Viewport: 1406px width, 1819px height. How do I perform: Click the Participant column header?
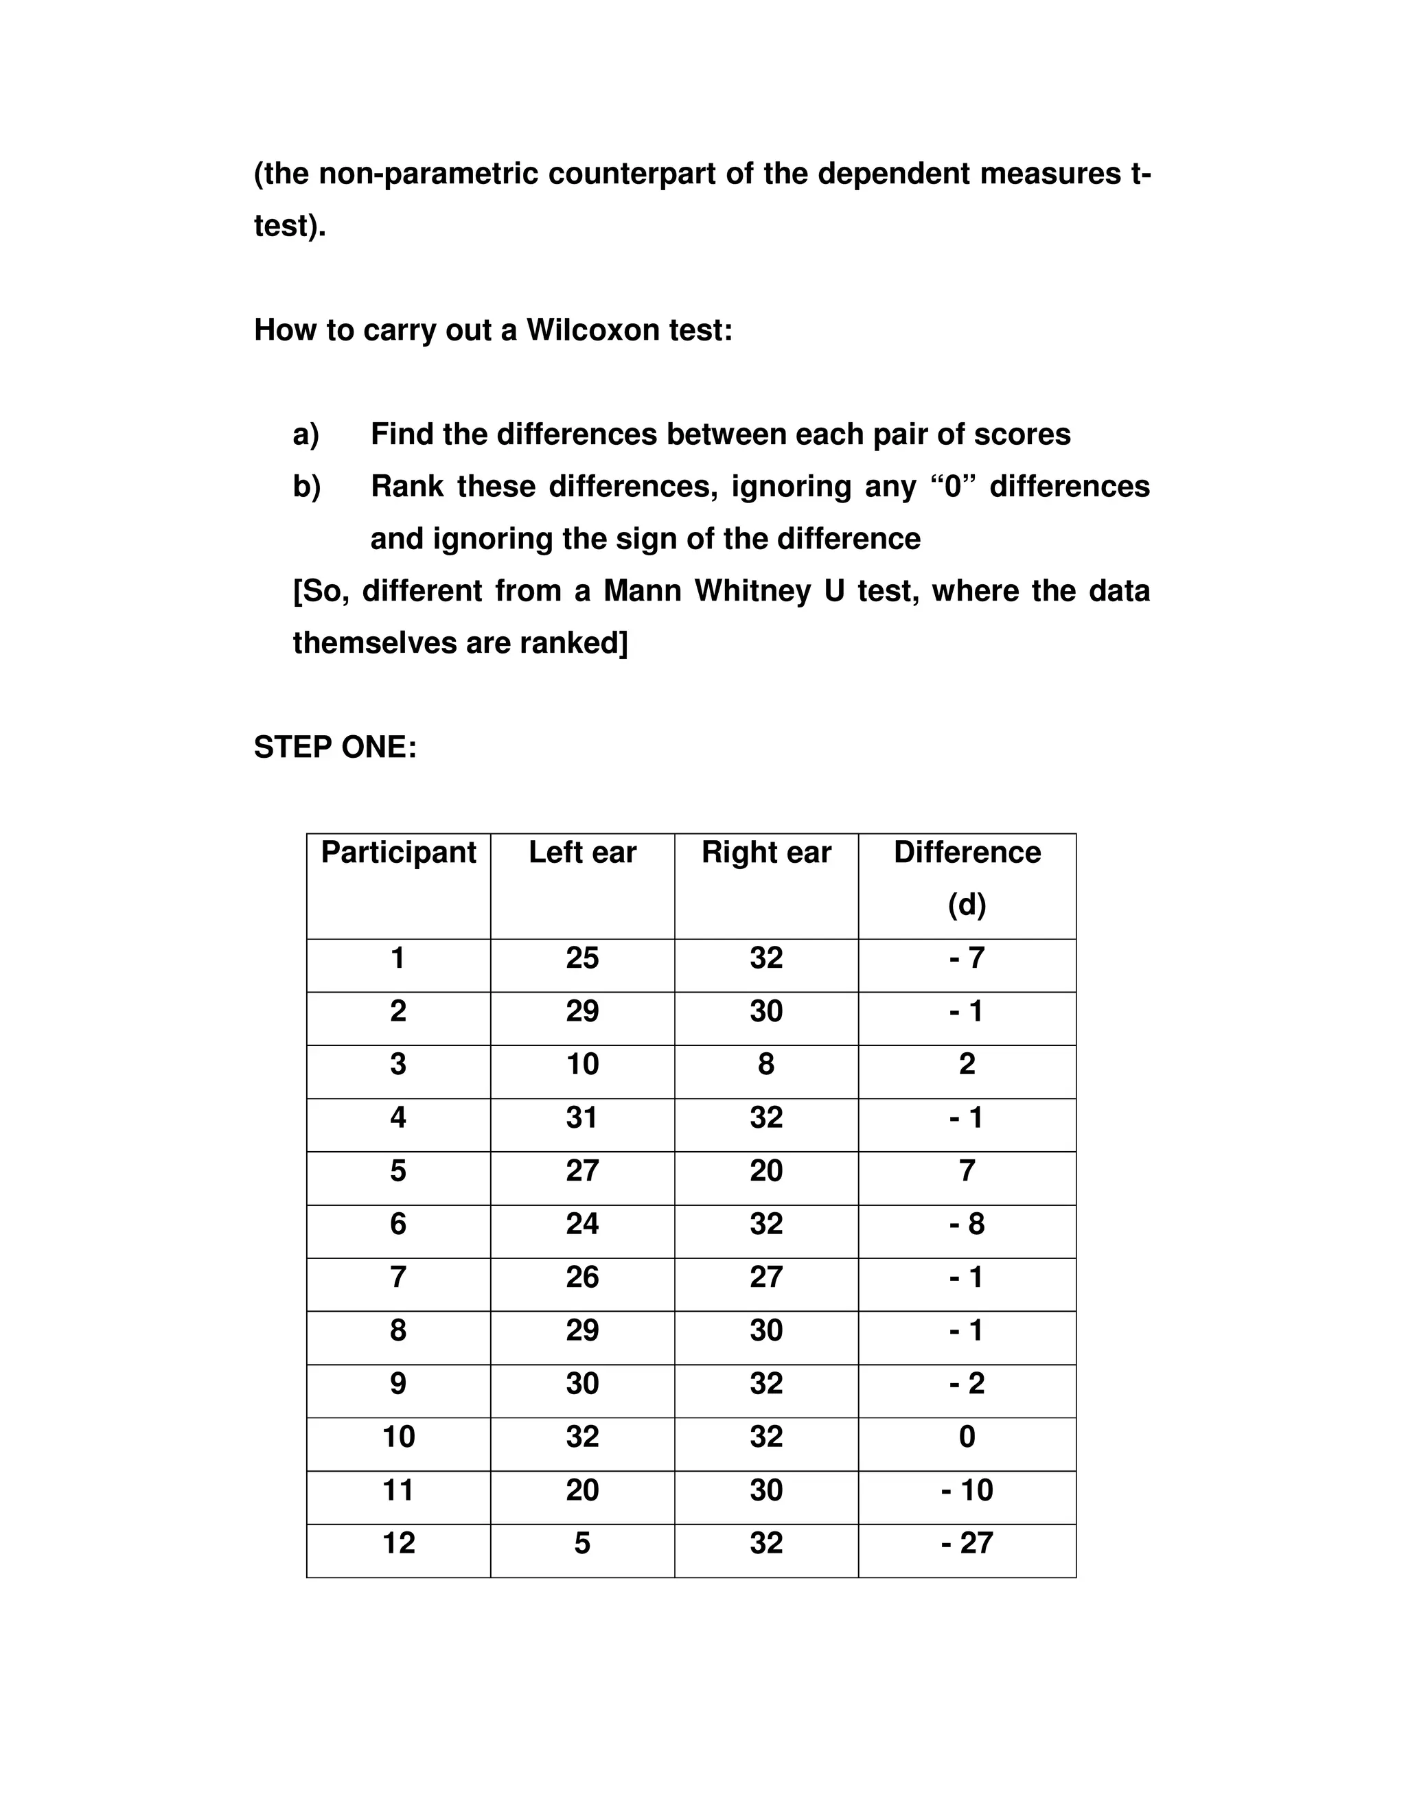click(x=398, y=852)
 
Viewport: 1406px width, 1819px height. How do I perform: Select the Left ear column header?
click(x=582, y=852)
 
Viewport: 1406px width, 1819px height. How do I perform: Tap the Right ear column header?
click(x=766, y=852)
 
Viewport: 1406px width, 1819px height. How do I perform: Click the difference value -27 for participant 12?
click(x=967, y=1542)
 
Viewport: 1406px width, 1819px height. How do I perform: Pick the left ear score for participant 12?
click(x=582, y=1542)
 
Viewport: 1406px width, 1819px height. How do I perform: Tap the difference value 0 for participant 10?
click(x=967, y=1437)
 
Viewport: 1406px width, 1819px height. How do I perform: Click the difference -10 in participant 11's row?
click(x=967, y=1490)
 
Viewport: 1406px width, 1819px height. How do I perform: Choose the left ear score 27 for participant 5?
click(x=582, y=1170)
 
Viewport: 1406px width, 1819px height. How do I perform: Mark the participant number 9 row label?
click(x=398, y=1383)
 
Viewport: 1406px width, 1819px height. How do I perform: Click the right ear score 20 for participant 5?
click(x=766, y=1170)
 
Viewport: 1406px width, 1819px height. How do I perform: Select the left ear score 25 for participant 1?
click(x=582, y=958)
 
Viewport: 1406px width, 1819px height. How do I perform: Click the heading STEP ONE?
click(x=335, y=747)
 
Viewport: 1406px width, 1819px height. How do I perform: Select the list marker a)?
click(x=306, y=434)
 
